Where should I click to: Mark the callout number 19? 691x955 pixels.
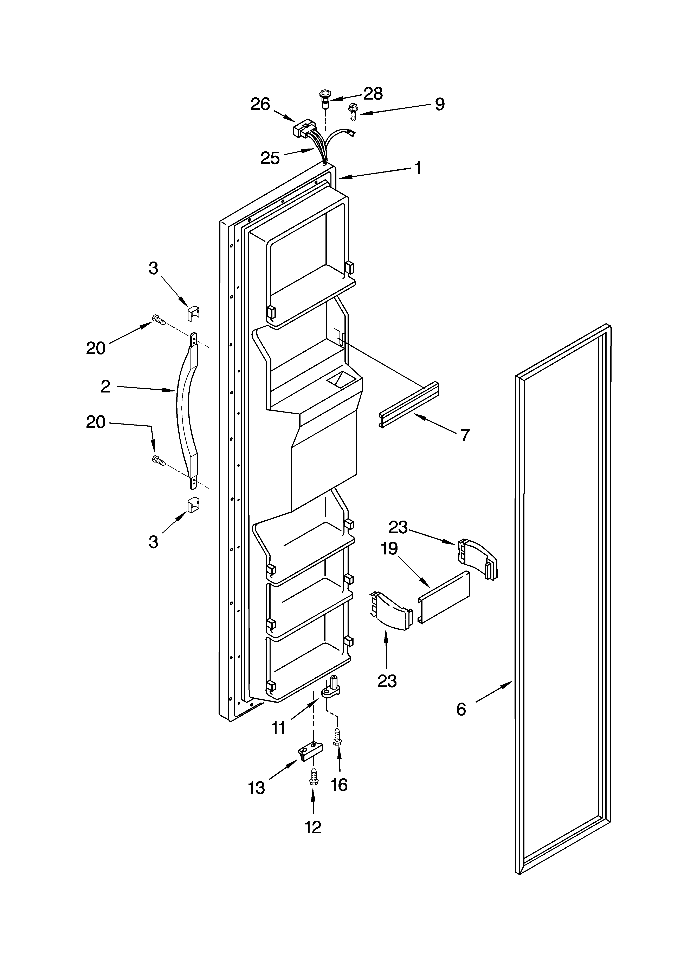coord(390,549)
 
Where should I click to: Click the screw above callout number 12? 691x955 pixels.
coord(314,776)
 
